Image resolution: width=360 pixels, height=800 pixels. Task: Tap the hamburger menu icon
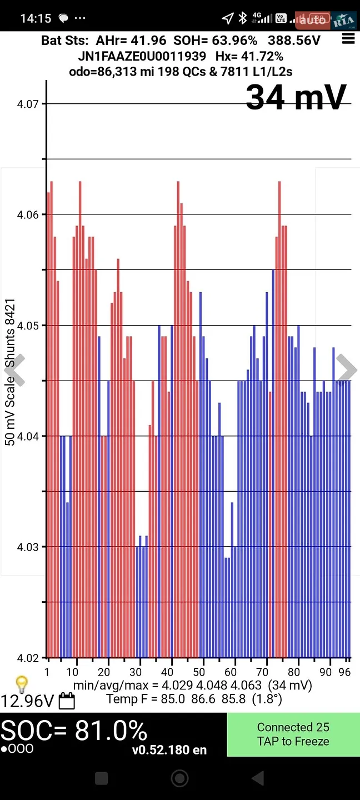[348, 38]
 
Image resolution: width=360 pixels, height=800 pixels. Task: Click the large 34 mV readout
[296, 97]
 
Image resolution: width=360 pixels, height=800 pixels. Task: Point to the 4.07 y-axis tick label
[28, 104]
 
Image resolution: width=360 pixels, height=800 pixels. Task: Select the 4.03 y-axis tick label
[28, 547]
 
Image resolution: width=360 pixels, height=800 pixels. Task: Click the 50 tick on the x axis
[198, 672]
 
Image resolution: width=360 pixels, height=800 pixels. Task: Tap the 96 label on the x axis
[344, 672]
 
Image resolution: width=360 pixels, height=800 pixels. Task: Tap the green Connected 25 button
[293, 734]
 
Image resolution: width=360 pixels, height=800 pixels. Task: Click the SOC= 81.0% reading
[74, 730]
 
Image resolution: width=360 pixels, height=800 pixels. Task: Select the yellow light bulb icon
[22, 684]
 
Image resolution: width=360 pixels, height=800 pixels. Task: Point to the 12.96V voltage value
[27, 701]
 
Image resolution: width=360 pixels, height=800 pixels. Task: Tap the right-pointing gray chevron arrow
[347, 369]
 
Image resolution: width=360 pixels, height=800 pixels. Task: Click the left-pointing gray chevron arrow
[15, 369]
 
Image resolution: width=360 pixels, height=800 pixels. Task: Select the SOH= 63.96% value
[216, 41]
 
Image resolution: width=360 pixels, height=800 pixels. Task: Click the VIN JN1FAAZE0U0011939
[142, 56]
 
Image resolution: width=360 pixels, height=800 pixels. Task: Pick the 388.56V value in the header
[294, 41]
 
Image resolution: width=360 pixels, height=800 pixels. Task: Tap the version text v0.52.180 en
[169, 749]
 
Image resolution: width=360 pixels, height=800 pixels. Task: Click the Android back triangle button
[258, 778]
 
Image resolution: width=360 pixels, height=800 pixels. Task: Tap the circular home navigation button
[179, 778]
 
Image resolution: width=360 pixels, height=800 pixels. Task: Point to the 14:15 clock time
[36, 18]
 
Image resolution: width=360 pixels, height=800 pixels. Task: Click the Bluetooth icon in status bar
[242, 18]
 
